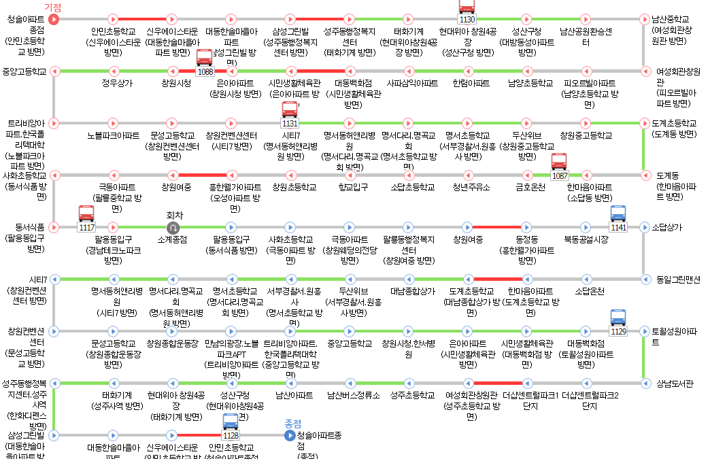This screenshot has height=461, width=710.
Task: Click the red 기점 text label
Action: (x=53, y=7)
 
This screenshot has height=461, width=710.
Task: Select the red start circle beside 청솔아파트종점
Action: (x=54, y=19)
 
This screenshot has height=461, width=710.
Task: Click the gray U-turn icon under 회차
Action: (x=173, y=227)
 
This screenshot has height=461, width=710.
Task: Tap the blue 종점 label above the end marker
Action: (x=292, y=423)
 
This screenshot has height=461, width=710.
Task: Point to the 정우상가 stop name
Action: (x=117, y=83)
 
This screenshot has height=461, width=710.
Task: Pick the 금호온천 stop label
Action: (x=530, y=187)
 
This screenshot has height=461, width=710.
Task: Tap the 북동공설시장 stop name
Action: (x=586, y=239)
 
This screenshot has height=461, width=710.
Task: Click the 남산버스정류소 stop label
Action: (x=353, y=395)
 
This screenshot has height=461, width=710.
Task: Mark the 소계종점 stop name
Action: (x=173, y=239)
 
